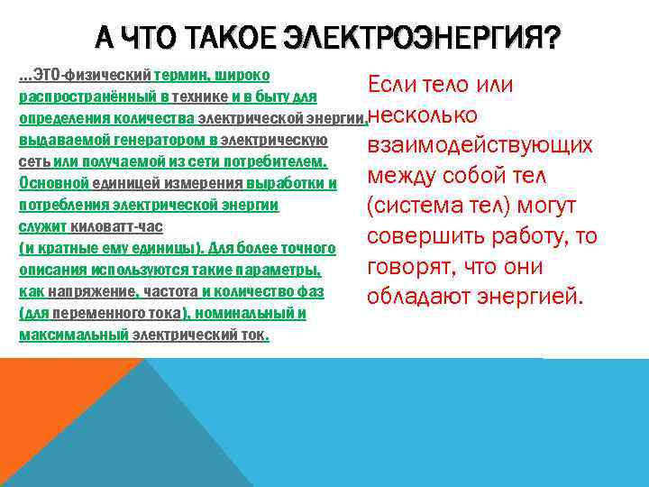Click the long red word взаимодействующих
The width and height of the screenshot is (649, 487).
point(480,146)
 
